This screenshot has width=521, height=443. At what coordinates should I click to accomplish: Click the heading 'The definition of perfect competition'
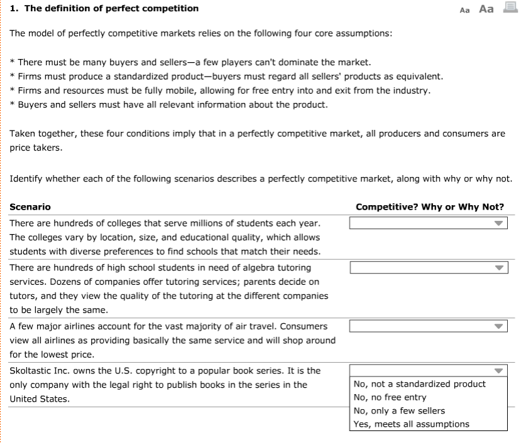[109, 9]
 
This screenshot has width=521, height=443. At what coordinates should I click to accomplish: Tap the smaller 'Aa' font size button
[465, 10]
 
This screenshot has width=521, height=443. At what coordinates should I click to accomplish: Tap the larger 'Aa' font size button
[486, 9]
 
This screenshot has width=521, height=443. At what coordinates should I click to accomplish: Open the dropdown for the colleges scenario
[428, 223]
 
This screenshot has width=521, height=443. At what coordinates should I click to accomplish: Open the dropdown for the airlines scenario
[428, 326]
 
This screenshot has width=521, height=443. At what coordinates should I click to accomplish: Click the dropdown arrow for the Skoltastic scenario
[499, 370]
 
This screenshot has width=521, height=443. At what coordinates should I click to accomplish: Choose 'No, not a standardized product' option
[420, 384]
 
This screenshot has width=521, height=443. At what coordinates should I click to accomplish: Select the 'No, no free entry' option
[390, 397]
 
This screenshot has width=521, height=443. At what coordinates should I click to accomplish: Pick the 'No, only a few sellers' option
[399, 411]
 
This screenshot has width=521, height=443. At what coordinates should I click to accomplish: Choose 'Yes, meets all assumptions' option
[412, 424]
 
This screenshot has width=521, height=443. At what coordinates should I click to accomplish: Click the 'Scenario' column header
[30, 207]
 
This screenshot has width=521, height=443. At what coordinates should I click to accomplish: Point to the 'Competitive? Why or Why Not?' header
[430, 207]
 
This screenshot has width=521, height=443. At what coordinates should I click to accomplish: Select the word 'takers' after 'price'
[50, 148]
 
